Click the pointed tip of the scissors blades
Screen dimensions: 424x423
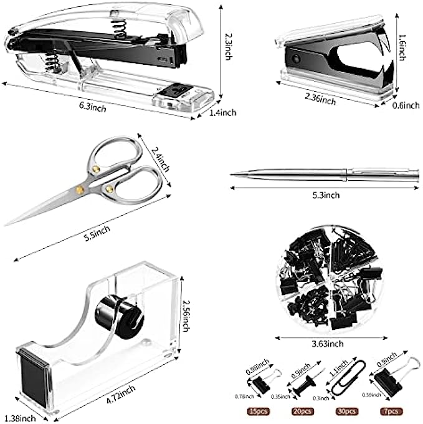coord(7,224)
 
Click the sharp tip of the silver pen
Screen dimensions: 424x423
coord(232,175)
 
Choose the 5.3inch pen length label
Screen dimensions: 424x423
coord(326,195)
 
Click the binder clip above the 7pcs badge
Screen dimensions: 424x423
coord(387,381)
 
